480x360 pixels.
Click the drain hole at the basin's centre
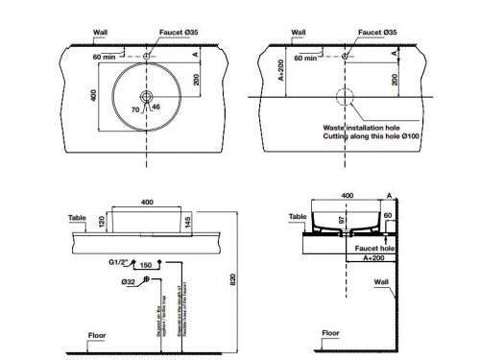coord(145,97)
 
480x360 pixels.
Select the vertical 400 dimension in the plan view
coord(94,97)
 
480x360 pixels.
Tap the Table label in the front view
coord(77,217)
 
